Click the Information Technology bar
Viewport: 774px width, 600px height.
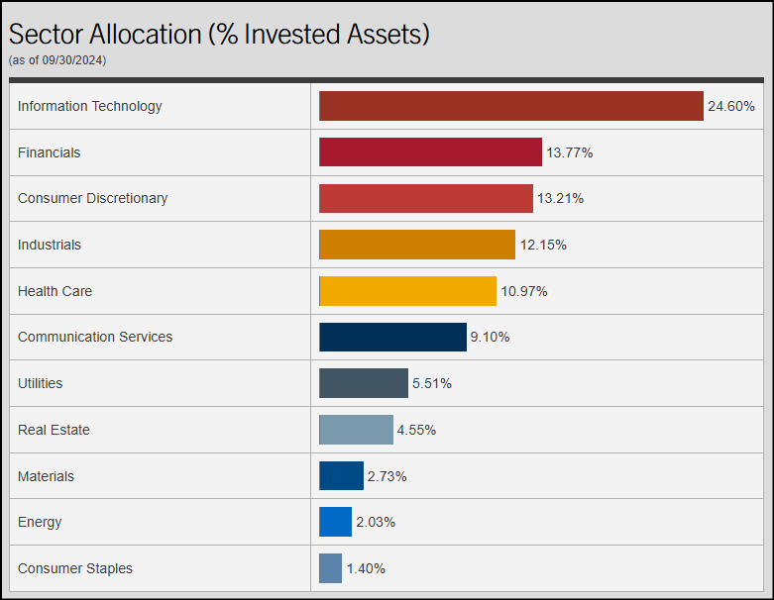510,106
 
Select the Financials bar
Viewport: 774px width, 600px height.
430,152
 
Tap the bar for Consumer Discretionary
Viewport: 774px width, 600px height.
425,198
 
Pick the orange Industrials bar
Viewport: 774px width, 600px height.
417,245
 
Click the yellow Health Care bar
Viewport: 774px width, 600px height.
407,291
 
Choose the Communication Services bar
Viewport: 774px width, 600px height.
392,337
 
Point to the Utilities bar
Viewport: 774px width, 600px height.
363,383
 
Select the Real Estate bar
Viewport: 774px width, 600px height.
356,430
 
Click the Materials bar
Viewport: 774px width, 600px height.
341,476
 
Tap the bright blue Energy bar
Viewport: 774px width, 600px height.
335,522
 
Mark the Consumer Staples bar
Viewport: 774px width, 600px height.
330,568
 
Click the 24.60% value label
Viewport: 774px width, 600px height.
730,106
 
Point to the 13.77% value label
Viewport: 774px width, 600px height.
569,152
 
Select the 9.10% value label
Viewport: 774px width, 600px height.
490,337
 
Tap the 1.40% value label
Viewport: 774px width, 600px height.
366,568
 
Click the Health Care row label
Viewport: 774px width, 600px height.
55,291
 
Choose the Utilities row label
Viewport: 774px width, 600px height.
40,383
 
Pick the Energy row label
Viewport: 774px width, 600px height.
40,522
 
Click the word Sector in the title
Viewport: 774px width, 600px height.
46,34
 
